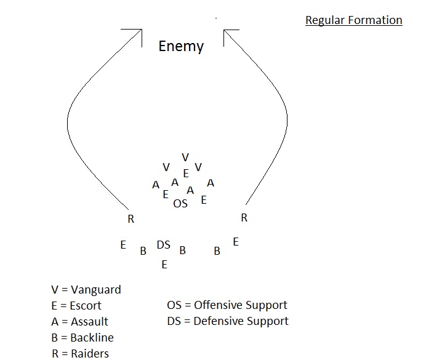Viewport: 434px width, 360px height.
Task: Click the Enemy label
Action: tap(181, 46)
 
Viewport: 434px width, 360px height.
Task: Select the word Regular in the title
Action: tap(325, 20)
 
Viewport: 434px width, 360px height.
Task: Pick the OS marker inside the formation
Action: tap(180, 204)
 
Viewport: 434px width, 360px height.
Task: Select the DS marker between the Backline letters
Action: tap(163, 245)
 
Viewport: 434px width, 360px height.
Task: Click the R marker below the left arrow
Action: tap(131, 218)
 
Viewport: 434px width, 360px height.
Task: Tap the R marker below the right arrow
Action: tap(244, 217)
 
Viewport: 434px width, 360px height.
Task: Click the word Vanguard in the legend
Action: tap(96, 290)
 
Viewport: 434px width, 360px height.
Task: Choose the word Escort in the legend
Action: tap(86, 306)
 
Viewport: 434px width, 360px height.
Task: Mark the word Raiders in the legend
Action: tap(90, 353)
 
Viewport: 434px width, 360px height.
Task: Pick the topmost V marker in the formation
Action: tap(185, 158)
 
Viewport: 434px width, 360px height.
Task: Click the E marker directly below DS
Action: tap(164, 265)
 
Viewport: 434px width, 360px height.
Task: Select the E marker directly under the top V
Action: tap(186, 174)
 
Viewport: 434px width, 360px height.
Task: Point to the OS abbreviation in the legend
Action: tap(174, 305)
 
